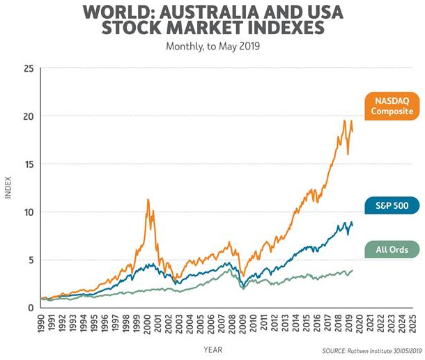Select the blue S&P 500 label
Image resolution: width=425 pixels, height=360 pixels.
(391, 205)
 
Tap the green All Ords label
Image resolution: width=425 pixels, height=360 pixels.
(391, 249)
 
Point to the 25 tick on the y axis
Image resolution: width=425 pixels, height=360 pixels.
(29, 68)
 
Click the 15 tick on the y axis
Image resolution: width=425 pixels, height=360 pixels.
(29, 164)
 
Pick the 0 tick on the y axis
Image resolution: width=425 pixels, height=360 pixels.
(31, 308)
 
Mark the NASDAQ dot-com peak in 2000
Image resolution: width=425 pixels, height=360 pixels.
(148, 200)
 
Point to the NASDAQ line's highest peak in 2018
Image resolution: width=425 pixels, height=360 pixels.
(344, 121)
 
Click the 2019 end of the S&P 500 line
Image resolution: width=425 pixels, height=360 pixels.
(353, 225)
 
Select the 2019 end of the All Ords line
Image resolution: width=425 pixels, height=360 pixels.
(353, 270)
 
